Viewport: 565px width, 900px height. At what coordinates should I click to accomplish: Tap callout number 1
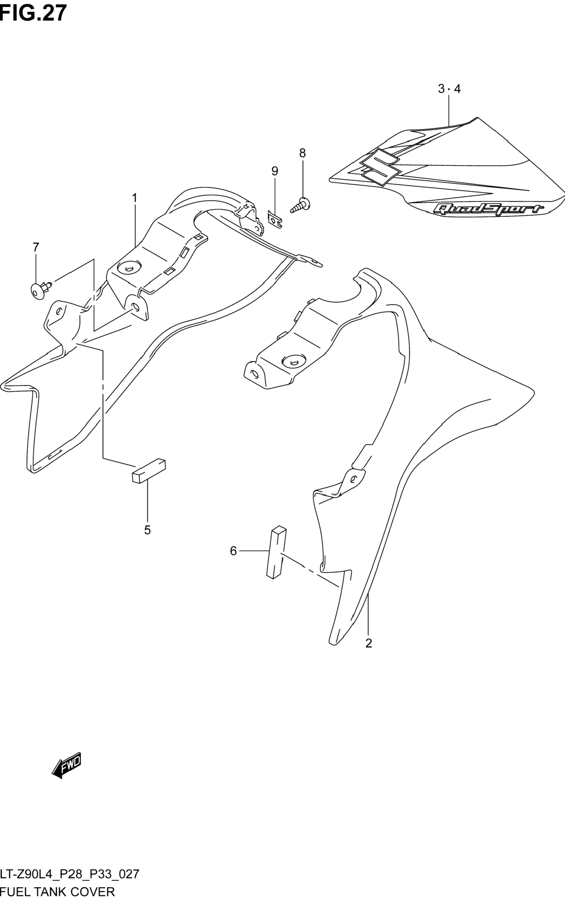(135, 198)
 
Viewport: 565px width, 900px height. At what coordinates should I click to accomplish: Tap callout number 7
(36, 247)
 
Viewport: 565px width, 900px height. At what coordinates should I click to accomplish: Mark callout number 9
(275, 171)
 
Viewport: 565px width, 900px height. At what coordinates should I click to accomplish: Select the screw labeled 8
(302, 205)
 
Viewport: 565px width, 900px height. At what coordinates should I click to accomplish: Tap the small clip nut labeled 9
(275, 219)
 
